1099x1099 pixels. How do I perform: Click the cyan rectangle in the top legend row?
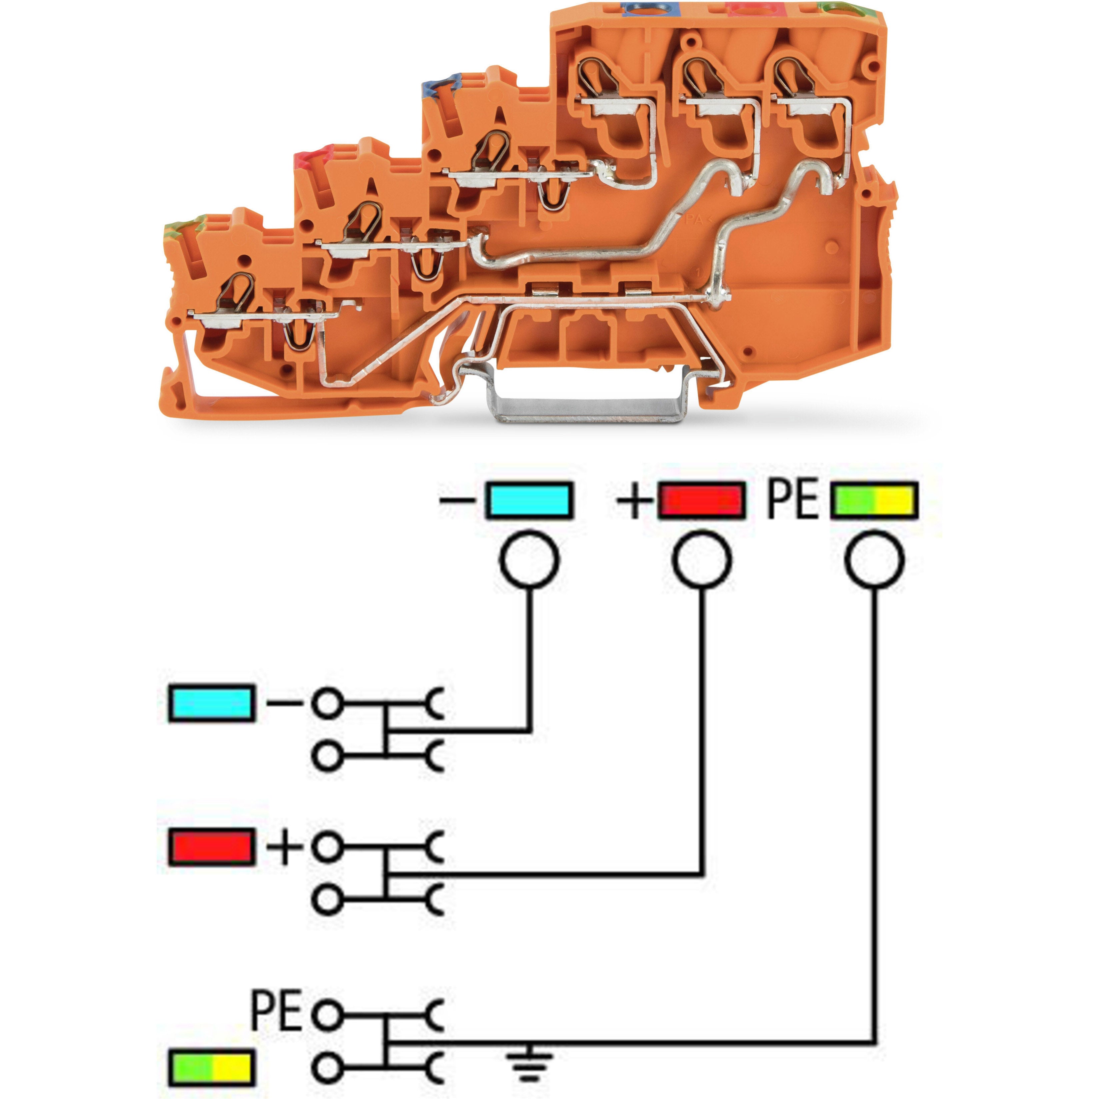point(528,500)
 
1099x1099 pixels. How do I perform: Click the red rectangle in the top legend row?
point(702,500)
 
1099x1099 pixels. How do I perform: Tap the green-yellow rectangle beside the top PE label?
point(874,500)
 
